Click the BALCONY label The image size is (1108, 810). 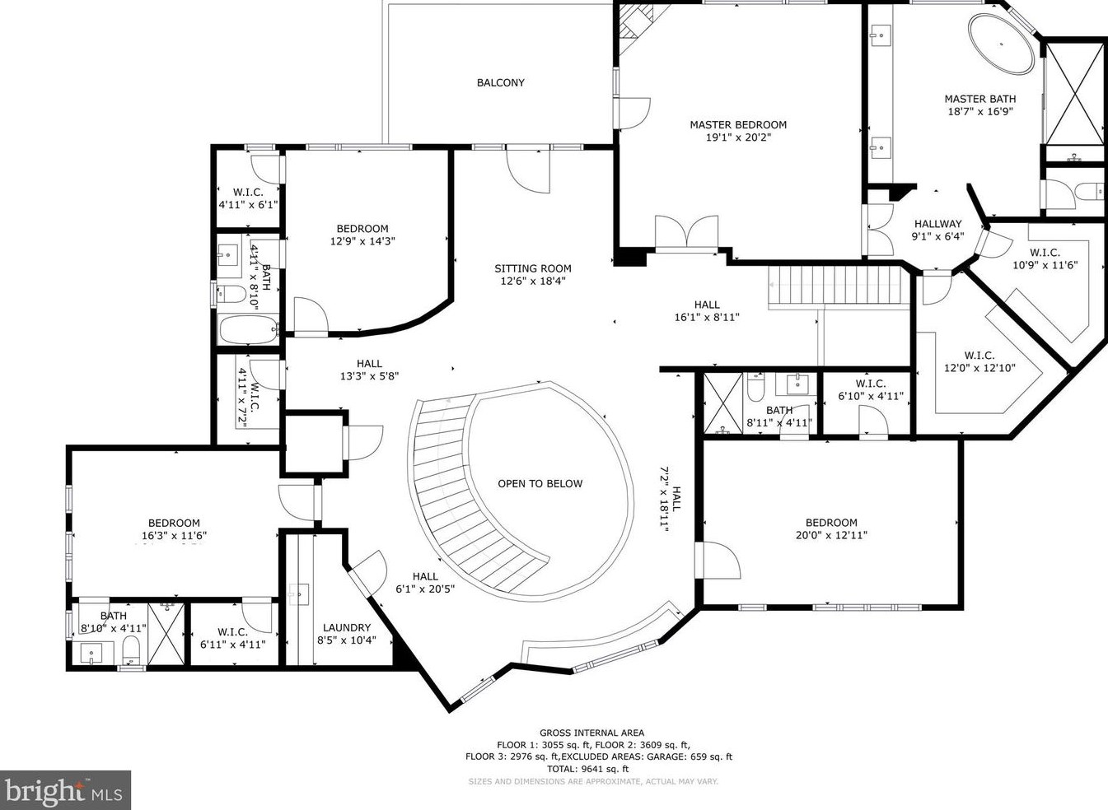coord(500,82)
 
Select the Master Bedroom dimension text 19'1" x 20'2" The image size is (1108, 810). coord(737,137)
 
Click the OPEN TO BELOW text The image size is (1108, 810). coord(540,483)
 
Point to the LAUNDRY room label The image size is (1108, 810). coord(346,627)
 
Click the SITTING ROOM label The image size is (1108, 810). coord(532,268)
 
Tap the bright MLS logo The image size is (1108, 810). coord(65,790)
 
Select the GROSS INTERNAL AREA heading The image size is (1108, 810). coord(591,733)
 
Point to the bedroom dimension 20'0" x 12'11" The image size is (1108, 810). coord(831,535)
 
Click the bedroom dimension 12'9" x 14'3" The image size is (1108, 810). coord(362,241)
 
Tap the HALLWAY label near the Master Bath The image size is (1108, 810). coord(937,224)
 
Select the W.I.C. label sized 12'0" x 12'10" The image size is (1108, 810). coord(979,356)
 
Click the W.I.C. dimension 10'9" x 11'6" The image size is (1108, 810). coord(1045,265)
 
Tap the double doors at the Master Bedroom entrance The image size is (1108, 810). coord(687,231)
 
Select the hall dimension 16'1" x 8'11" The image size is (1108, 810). coord(706,316)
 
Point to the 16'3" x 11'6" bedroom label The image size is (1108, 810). coord(174,523)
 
